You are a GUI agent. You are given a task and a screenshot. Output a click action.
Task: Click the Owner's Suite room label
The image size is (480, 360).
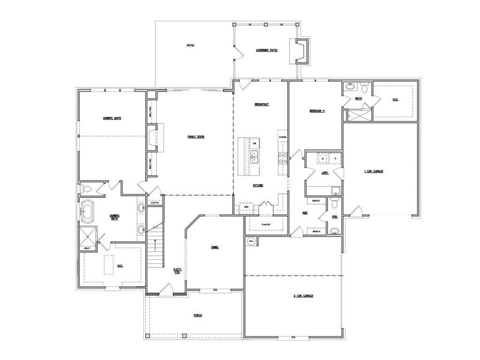pyautogui.click(x=112, y=118)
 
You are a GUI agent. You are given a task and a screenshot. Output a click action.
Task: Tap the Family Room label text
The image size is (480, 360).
pyautogui.click(x=196, y=137)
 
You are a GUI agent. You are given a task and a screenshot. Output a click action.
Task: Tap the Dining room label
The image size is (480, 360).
pyautogui.click(x=214, y=247)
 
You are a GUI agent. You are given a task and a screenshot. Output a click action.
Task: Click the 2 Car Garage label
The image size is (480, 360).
pyautogui.click(x=304, y=296)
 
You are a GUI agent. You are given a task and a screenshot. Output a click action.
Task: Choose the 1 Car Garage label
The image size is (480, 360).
pyautogui.click(x=374, y=171)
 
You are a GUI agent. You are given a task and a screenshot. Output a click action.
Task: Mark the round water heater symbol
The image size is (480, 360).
pyautogui.click(x=250, y=241)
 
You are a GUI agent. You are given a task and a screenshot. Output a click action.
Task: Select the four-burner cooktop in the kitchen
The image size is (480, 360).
pyautogui.click(x=281, y=157)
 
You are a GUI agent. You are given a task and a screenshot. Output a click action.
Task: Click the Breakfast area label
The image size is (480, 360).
pyautogui.click(x=261, y=104)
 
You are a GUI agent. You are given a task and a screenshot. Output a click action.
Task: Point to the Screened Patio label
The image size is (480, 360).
pyautogui.click(x=266, y=50)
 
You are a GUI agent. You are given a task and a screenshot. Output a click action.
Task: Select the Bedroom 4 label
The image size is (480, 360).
pyautogui.click(x=316, y=111)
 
